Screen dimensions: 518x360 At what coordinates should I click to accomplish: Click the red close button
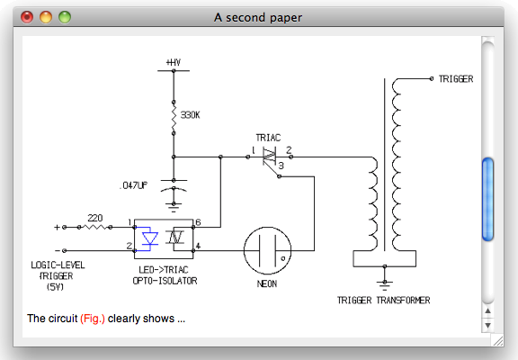pos(27,17)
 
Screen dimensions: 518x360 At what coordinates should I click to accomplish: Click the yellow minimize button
pos(46,17)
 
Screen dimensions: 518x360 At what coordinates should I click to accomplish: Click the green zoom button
pos(65,17)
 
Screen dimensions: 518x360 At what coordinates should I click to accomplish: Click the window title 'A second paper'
pos(258,17)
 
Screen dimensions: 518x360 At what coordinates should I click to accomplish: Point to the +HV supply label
pos(174,62)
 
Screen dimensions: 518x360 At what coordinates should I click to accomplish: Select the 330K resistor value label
pos(190,115)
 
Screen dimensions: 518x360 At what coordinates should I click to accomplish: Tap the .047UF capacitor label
pos(134,185)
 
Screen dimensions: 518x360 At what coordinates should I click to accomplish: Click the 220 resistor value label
pos(95,218)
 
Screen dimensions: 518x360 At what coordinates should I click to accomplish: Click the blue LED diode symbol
pos(150,238)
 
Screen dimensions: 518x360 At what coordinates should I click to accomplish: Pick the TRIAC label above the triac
pos(268,138)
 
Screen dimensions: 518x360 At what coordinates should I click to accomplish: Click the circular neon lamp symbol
pos(268,250)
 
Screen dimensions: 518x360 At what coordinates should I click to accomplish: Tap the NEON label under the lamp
pos(267,283)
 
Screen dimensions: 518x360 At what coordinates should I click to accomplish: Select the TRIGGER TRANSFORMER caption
pos(383,301)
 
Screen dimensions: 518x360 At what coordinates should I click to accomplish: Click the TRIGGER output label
pos(456,79)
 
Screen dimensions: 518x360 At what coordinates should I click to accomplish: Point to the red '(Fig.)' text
pos(93,319)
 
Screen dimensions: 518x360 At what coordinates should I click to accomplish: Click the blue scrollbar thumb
pos(487,200)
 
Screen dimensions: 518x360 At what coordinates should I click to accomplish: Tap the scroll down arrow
pos(487,325)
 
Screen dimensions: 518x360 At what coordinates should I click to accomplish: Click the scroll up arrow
pos(487,310)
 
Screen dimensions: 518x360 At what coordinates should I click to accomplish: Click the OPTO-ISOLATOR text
pos(165,281)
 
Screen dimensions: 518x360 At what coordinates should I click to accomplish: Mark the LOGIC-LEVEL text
pos(58,265)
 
